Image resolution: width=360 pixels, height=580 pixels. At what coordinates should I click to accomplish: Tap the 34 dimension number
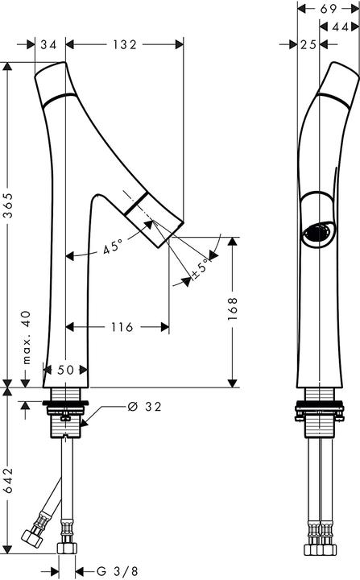pyautogui.click(x=48, y=46)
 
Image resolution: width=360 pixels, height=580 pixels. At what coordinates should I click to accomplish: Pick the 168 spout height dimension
pyautogui.click(x=233, y=310)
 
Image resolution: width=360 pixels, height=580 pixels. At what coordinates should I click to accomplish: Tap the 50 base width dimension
pyautogui.click(x=64, y=369)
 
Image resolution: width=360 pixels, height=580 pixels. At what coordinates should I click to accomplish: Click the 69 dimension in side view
pyautogui.click(x=328, y=9)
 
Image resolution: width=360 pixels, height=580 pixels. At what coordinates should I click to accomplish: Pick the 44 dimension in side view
pyautogui.click(x=340, y=27)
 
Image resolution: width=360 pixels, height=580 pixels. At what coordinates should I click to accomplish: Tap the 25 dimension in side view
pyautogui.click(x=306, y=46)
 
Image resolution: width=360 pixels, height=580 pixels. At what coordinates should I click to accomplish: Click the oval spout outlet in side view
pyautogui.click(x=314, y=234)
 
